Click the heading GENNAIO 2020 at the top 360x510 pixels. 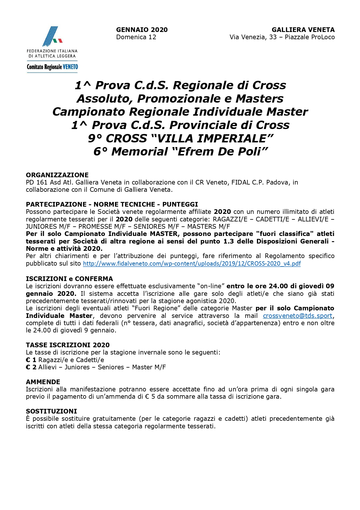pyautogui.click(x=142, y=30)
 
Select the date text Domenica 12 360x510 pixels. pyautogui.click(x=136, y=37)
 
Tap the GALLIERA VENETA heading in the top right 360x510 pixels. pyautogui.click(x=303, y=30)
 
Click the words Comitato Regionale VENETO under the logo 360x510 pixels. pyautogui.click(x=52, y=67)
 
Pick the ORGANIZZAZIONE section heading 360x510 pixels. pyautogui.click(x=57, y=175)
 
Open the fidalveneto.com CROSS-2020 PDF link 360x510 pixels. pyautogui.click(x=192, y=264)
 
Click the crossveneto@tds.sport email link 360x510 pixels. pyautogui.click(x=297, y=316)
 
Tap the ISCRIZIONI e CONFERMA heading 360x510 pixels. pyautogui.click(x=69, y=279)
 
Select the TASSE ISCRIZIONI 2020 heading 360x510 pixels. pyautogui.click(x=68, y=345)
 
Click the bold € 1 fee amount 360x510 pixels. pyautogui.click(x=31, y=360)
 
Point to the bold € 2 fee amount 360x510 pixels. pyautogui.click(x=31, y=367)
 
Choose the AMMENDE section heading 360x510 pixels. pyautogui.click(x=43, y=382)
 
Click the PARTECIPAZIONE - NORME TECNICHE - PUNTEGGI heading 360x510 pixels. pyautogui.click(x=112, y=204)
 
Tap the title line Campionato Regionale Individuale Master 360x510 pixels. pyautogui.click(x=180, y=112)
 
